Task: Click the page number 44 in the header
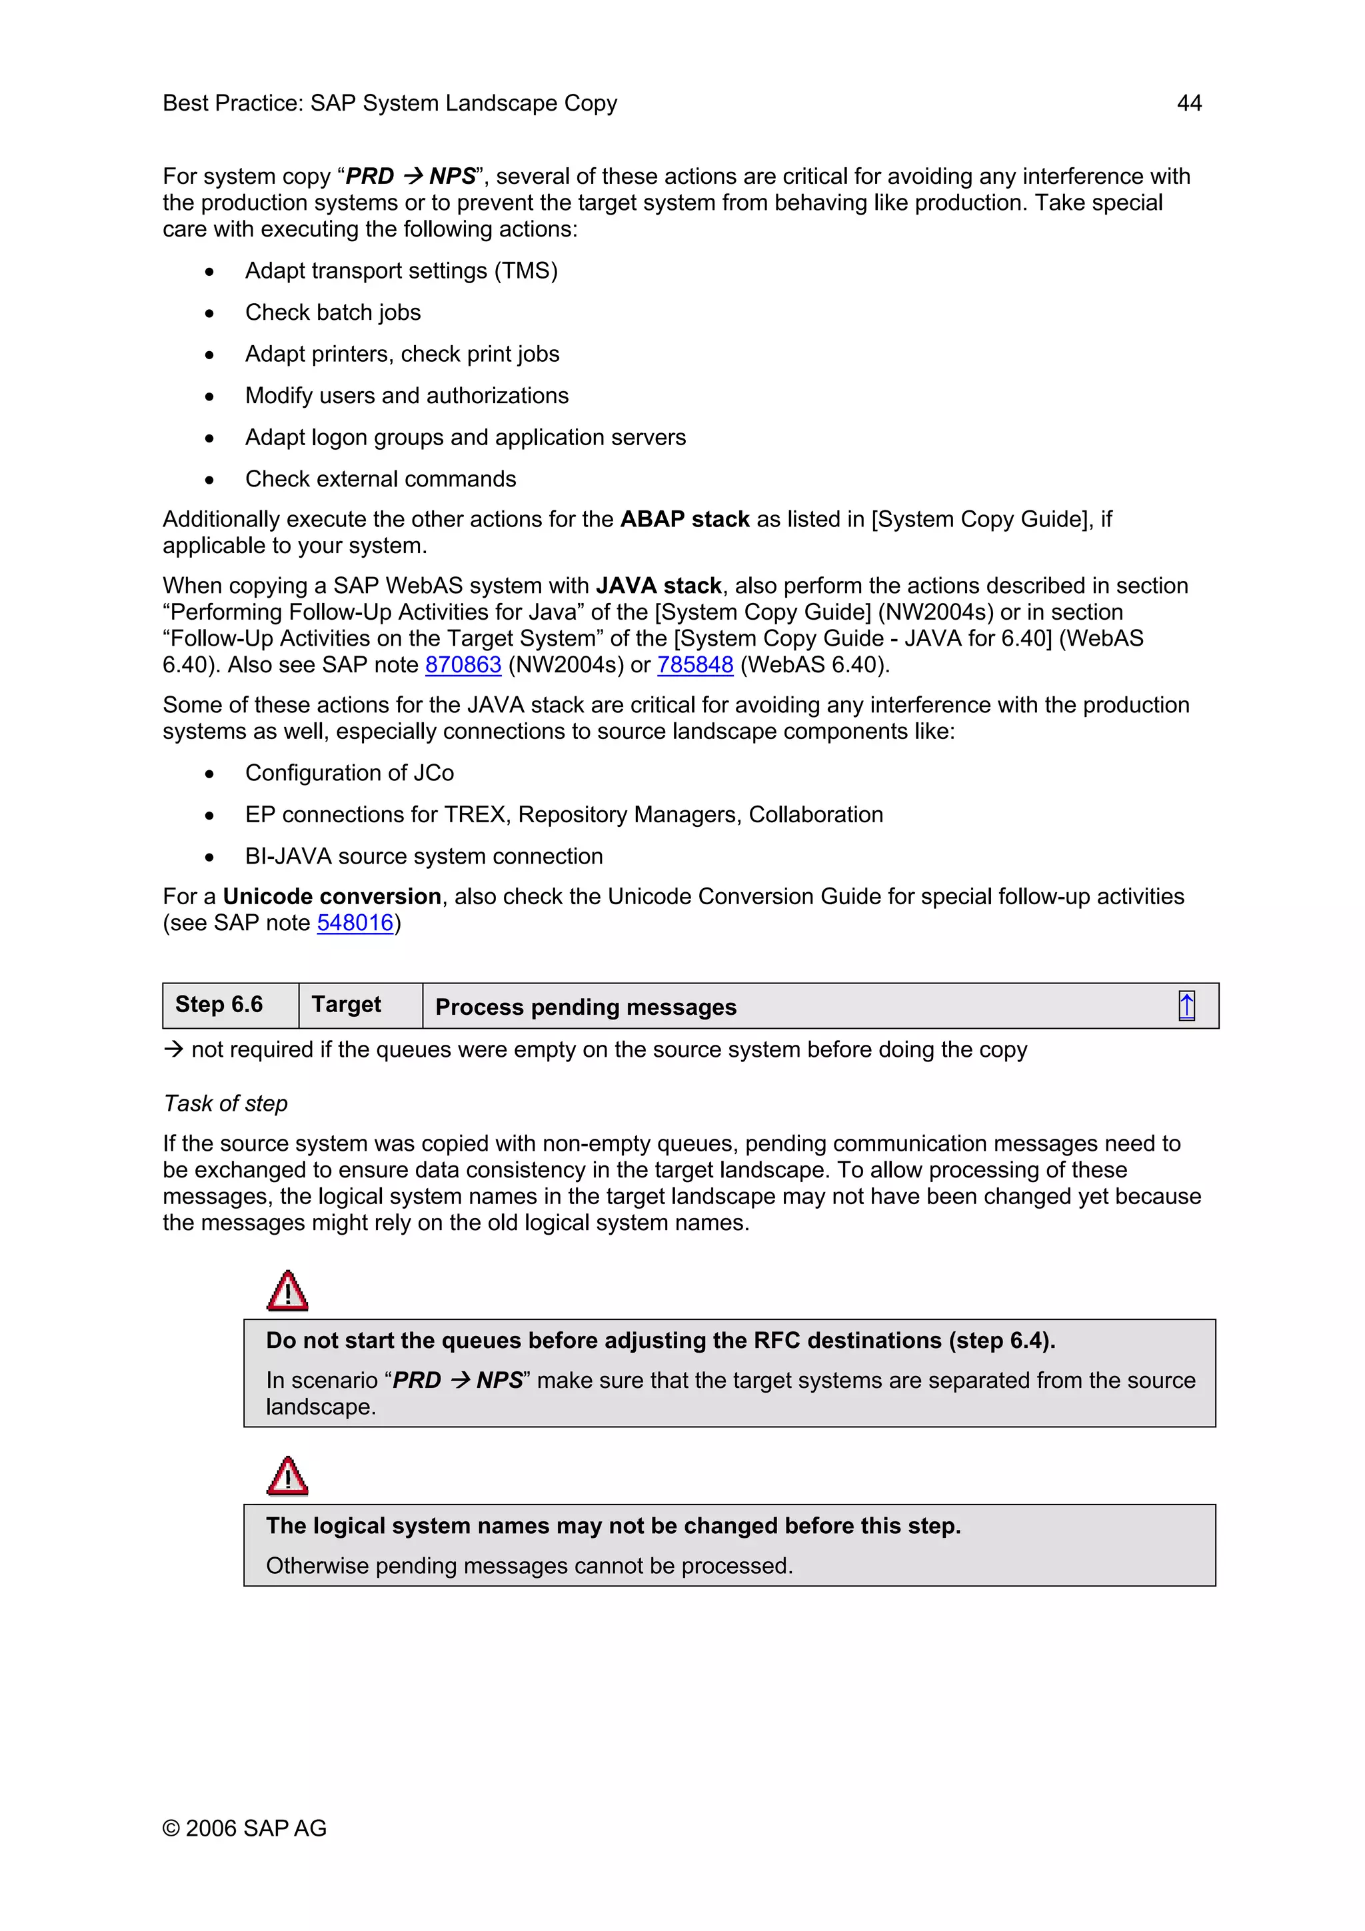coord(1188,103)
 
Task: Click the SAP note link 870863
coord(463,664)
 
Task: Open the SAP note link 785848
coord(694,664)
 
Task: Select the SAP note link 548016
coord(355,923)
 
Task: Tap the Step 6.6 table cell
coord(219,1004)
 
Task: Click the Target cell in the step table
coord(347,1004)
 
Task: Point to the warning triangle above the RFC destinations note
coord(288,1291)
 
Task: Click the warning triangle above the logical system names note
coord(288,1476)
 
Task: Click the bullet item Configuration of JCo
coord(349,773)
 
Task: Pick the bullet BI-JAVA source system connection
coord(424,856)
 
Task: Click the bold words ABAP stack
coord(684,519)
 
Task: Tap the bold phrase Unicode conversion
coord(332,897)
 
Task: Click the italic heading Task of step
coord(226,1103)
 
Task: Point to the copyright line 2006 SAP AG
coord(245,1828)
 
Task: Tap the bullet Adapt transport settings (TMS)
coord(401,271)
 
